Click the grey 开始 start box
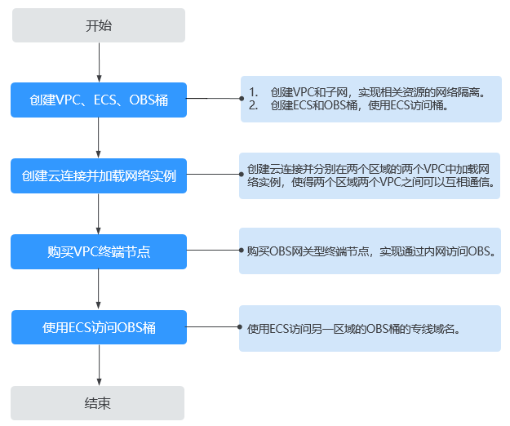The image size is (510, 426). pos(99,25)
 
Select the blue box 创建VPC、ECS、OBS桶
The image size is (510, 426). pos(99,100)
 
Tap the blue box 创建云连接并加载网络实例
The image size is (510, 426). pos(99,176)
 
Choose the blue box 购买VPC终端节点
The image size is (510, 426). pos(99,251)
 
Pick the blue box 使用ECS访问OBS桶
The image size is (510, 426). pos(99,327)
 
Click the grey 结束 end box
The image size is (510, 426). pos(98,403)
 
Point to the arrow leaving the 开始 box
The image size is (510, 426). pos(100,63)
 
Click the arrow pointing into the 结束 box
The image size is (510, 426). pos(100,365)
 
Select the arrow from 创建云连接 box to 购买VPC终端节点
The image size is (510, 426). pos(99,214)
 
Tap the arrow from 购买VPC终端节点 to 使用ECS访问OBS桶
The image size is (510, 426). pos(99,289)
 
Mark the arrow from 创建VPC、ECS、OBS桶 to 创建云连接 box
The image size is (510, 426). pos(99,138)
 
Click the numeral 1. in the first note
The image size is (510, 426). pos(254,92)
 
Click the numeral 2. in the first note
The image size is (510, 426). pos(254,105)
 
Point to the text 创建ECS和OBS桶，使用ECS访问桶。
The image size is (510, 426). pos(359,105)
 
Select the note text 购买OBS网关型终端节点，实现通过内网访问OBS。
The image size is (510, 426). pos(371,251)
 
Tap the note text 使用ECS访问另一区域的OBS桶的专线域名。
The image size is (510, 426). pos(354,329)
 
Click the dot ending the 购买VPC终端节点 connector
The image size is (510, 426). pos(241,250)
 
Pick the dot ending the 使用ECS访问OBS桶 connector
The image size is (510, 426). pos(240,326)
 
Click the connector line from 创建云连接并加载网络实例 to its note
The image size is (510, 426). pos(213,175)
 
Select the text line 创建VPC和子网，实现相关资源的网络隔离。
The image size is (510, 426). pos(379,92)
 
